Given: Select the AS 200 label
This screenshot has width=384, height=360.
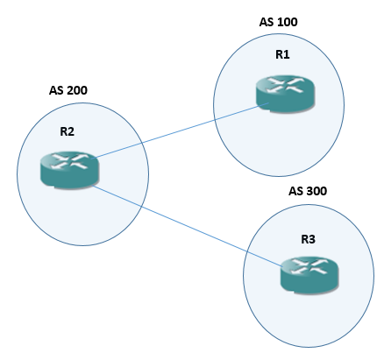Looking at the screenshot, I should tap(68, 89).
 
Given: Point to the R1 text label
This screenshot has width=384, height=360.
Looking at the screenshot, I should tap(282, 53).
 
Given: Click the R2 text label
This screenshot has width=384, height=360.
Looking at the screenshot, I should tap(68, 132).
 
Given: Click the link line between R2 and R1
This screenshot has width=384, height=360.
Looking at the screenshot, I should tap(175, 131).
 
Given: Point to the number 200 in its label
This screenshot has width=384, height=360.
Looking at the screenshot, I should tap(77, 89).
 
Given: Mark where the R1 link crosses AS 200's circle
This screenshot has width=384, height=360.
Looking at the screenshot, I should tap(139, 143).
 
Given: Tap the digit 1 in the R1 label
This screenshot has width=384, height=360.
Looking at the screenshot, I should tap(287, 53).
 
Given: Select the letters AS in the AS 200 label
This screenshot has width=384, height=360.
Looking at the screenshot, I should tap(57, 89).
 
